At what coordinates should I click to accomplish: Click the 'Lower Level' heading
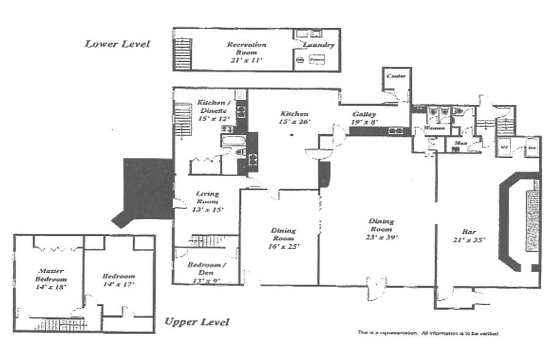click(117, 44)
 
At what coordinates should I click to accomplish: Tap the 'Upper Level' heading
click(196, 322)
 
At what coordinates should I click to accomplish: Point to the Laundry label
click(318, 45)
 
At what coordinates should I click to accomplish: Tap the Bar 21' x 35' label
click(469, 236)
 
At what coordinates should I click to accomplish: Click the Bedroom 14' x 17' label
click(118, 280)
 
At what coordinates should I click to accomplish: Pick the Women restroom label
click(434, 128)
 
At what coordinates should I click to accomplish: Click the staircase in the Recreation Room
click(183, 53)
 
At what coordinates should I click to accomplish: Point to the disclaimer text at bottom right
click(428, 333)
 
